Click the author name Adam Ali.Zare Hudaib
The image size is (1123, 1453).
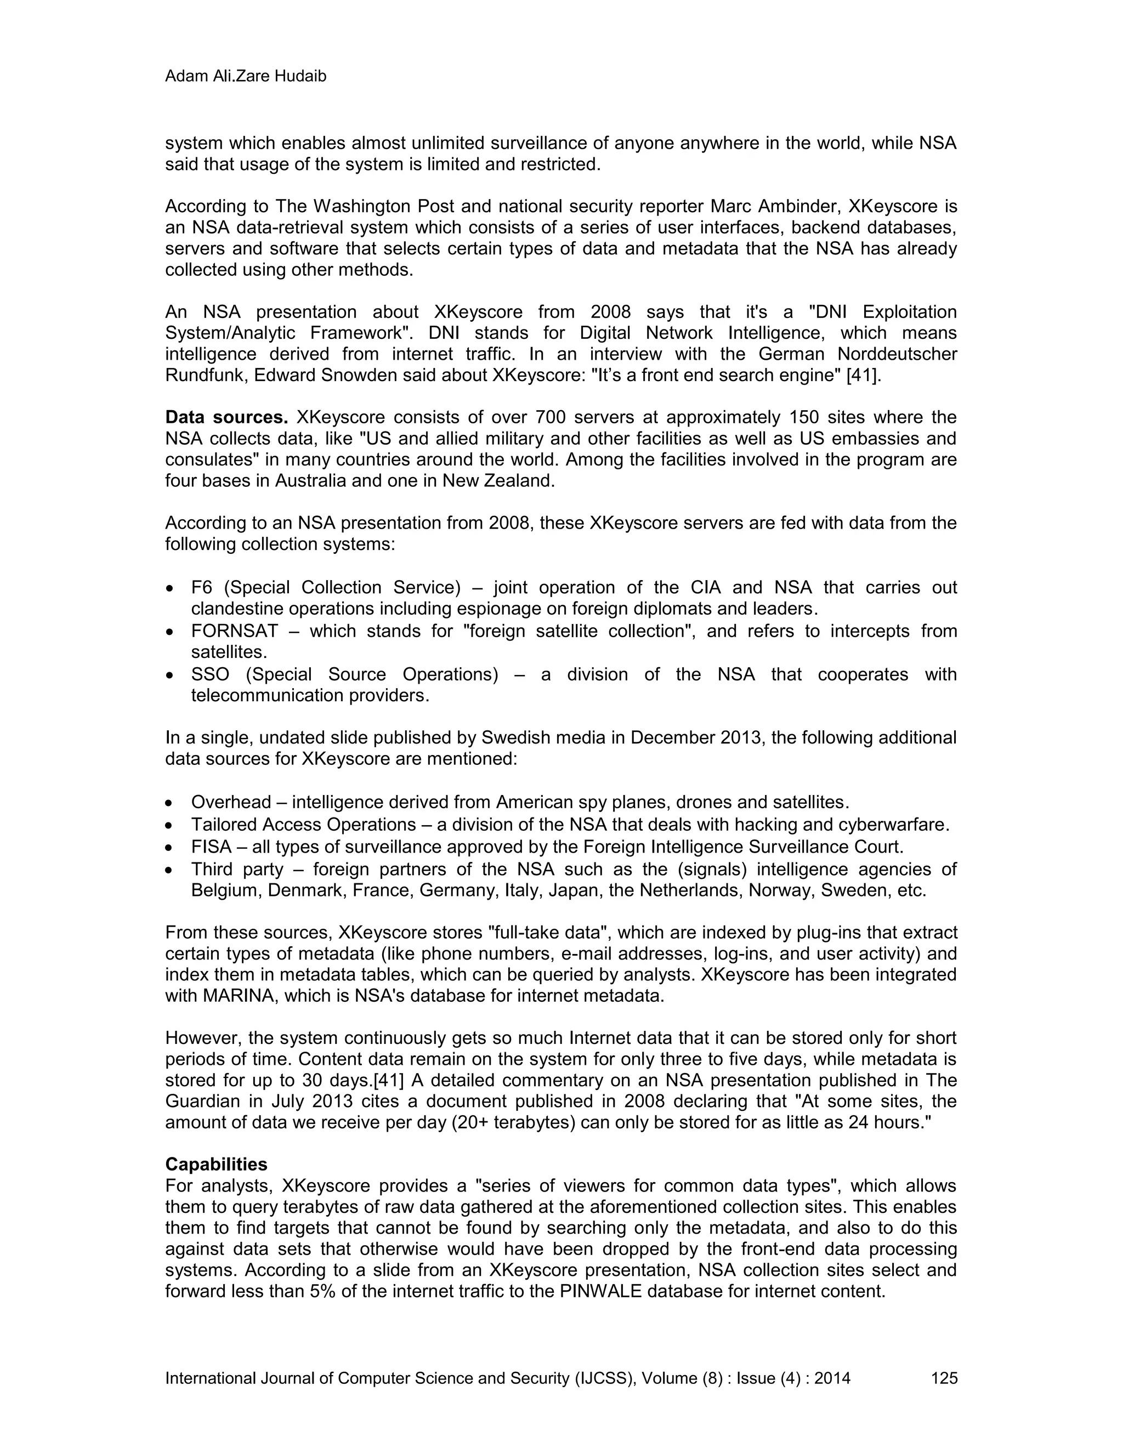246,77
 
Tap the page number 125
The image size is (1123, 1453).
944,1378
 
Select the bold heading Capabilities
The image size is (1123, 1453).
216,1164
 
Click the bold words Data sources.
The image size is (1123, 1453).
226,417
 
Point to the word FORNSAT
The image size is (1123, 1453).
234,631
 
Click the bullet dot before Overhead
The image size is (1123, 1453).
172,804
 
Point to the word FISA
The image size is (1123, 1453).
211,847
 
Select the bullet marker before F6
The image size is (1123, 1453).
172,589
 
